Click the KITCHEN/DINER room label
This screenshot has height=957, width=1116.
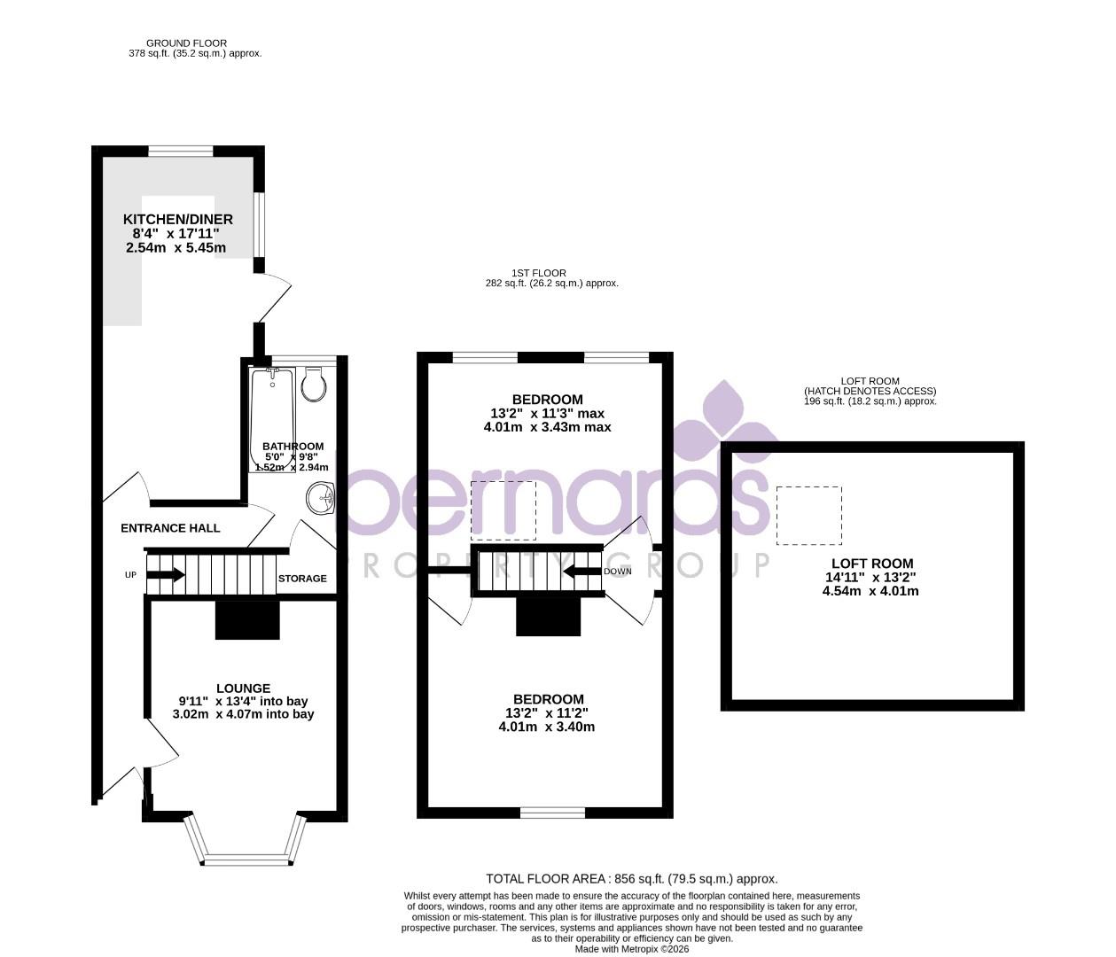(x=177, y=220)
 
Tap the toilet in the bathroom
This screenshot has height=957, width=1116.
(x=313, y=385)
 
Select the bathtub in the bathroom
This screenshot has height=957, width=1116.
(x=272, y=420)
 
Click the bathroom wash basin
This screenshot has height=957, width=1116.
(x=322, y=498)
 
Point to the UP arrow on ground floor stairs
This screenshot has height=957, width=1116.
(x=165, y=575)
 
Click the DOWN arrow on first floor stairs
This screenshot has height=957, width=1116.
(x=581, y=571)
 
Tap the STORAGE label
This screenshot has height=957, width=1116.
(x=302, y=579)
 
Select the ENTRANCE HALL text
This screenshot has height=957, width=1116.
(x=170, y=528)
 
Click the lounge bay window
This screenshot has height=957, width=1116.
(x=246, y=859)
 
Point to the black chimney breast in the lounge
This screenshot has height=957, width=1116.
(x=247, y=619)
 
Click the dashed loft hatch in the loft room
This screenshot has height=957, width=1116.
(x=808, y=515)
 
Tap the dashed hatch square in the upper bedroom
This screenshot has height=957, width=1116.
(x=503, y=510)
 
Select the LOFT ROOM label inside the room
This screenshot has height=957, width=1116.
(x=871, y=564)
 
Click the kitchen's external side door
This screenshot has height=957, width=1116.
(x=273, y=298)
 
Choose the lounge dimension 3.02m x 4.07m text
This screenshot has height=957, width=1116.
(x=243, y=714)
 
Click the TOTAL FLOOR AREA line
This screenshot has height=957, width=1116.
(x=631, y=879)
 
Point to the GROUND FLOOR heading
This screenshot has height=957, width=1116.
(x=186, y=43)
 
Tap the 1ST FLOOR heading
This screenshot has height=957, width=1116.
(x=538, y=273)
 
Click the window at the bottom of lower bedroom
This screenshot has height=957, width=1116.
(x=552, y=812)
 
